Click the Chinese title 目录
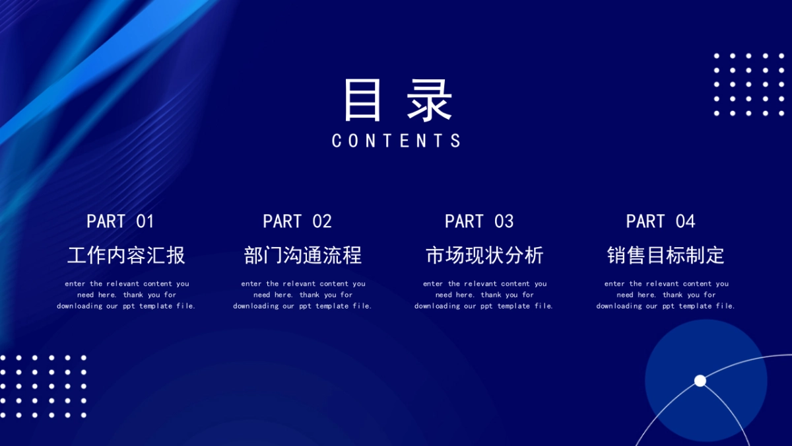coord(398,100)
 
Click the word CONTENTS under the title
coord(397,141)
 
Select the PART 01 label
coord(120,221)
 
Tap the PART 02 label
coord(298,221)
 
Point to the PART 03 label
coord(479,221)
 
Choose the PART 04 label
coord(661,221)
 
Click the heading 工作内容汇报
coord(126,255)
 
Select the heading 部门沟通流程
coord(303,255)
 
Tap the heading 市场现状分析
coord(484,255)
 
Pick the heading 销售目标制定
coord(666,255)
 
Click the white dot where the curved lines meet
coord(700,381)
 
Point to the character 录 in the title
coord(429,100)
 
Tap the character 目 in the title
coord(362,100)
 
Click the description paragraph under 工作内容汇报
coord(126,295)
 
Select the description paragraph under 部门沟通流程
coord(303,295)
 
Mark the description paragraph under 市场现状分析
coord(484,295)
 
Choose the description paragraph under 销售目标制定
coord(666,295)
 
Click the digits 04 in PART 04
coord(686,221)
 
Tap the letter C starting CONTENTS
coord(336,141)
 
